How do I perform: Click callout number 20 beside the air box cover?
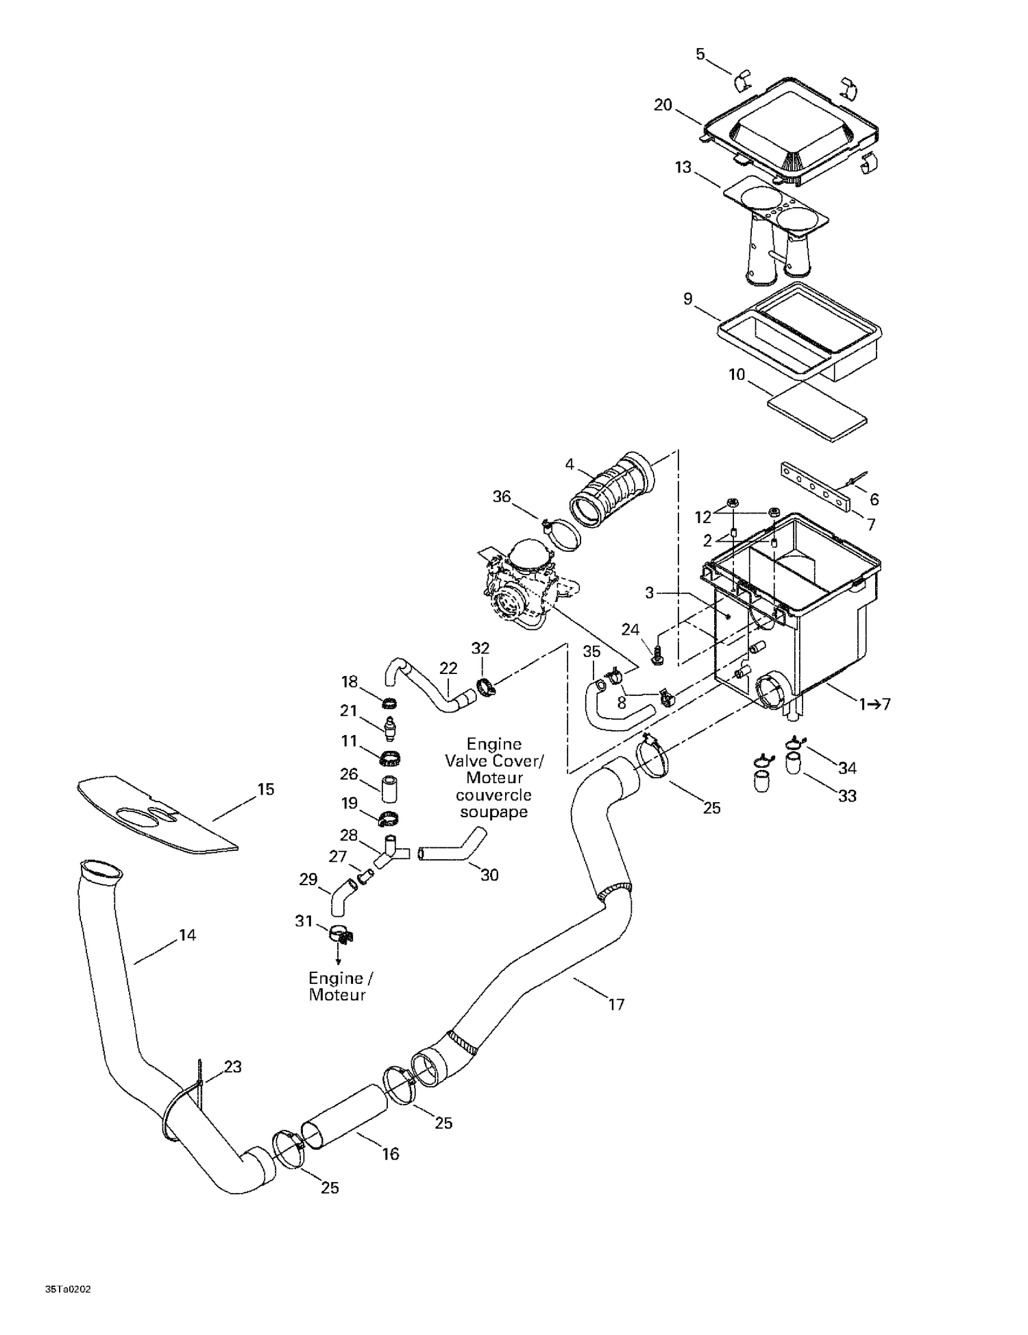pos(663,105)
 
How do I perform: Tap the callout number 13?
pos(683,167)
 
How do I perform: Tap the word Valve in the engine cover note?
pos(469,761)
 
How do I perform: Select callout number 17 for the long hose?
pos(616,1005)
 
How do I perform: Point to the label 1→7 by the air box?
pos(874,703)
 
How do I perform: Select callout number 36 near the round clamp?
pos(502,496)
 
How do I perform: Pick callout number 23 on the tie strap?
pos(232,1067)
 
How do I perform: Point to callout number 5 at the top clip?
pos(700,54)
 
